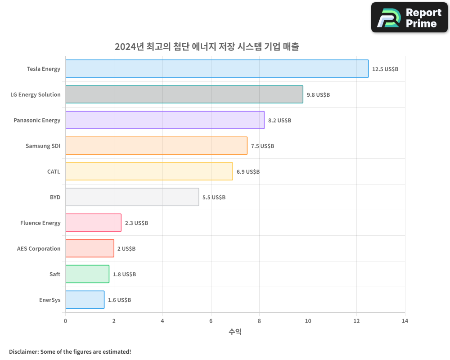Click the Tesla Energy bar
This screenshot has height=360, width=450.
[x=217, y=69]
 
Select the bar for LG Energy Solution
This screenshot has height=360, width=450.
[x=184, y=94]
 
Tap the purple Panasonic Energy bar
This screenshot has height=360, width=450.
[x=165, y=120]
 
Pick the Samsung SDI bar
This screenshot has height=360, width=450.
[x=156, y=146]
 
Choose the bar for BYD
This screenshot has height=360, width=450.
[x=132, y=197]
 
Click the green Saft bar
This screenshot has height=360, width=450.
[x=87, y=274]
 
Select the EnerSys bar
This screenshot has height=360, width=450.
[x=85, y=300]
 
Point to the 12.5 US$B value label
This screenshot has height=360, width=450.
[x=385, y=69]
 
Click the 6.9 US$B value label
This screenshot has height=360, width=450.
[x=248, y=172]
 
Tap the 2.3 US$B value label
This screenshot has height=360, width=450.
[x=136, y=223]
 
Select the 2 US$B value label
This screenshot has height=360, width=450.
[x=126, y=249]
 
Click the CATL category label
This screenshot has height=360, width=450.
[x=54, y=171]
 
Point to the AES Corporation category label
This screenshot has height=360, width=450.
[x=39, y=248]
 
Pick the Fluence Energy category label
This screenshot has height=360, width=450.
[x=40, y=223]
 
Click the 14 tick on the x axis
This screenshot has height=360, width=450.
[x=405, y=321]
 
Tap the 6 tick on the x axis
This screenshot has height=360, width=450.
[x=211, y=321]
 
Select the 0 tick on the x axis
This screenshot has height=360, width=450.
[x=66, y=321]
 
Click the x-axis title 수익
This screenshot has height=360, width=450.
[x=235, y=332]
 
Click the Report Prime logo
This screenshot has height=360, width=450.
[x=409, y=18]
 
